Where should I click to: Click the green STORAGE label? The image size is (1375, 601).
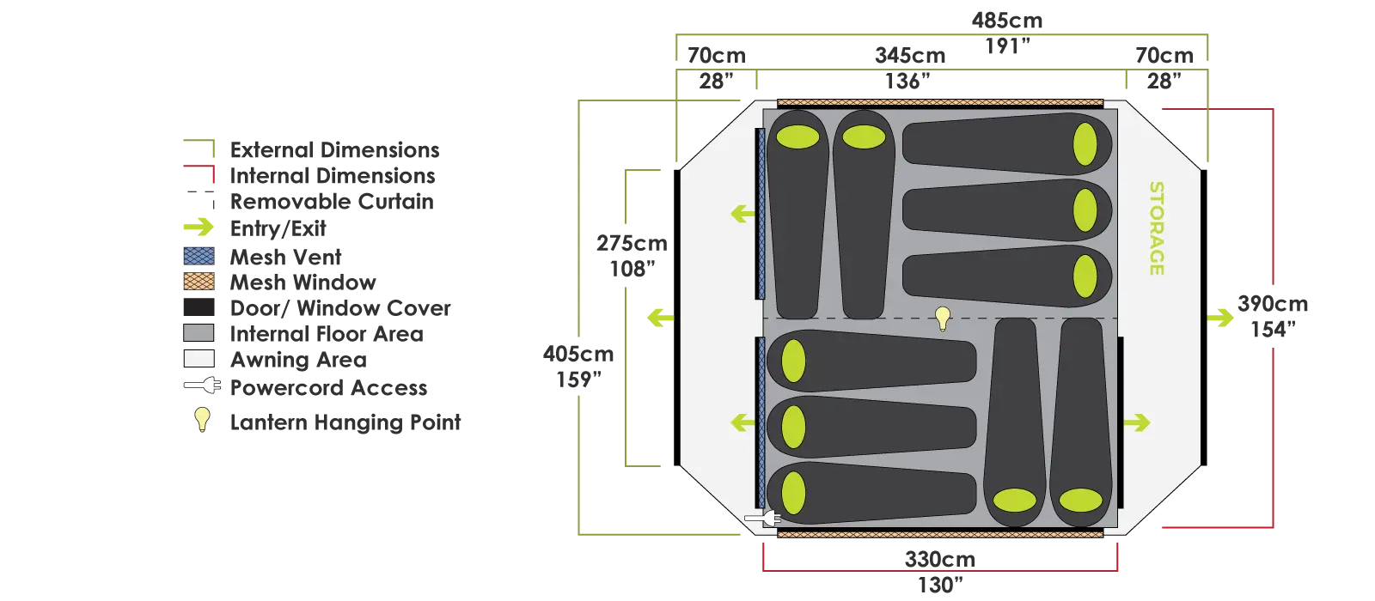1157,228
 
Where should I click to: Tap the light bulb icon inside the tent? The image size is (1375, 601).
943,319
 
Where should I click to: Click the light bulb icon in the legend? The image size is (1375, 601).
202,419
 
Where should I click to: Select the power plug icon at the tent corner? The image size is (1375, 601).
761,519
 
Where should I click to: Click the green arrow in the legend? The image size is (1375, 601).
199,228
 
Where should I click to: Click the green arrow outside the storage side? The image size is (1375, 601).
1220,318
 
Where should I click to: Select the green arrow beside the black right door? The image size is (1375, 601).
1136,422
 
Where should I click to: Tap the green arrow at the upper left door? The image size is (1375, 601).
742,213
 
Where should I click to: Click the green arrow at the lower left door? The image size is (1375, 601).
742,422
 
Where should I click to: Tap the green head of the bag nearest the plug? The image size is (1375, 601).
793,494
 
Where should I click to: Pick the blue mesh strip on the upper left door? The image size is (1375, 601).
761,213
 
